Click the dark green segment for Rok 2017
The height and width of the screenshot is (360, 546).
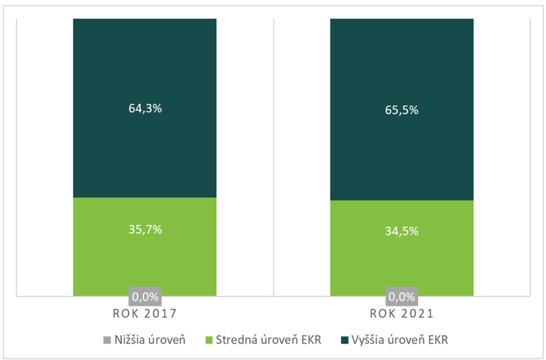(145, 71)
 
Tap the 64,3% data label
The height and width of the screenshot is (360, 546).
(145, 109)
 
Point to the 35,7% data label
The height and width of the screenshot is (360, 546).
(145, 229)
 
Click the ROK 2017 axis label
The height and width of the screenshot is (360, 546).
(145, 314)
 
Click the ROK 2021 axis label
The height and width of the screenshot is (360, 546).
(401, 314)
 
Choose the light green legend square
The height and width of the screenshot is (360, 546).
(209, 339)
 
